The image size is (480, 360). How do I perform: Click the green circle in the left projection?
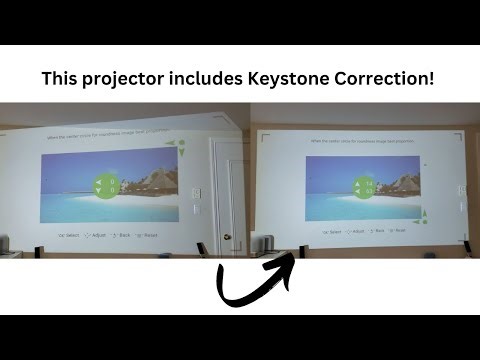tap(107, 186)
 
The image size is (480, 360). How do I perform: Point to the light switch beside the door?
tap(196, 194)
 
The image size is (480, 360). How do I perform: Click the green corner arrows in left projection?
tap(177, 148)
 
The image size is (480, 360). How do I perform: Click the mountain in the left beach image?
tap(150, 180)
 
